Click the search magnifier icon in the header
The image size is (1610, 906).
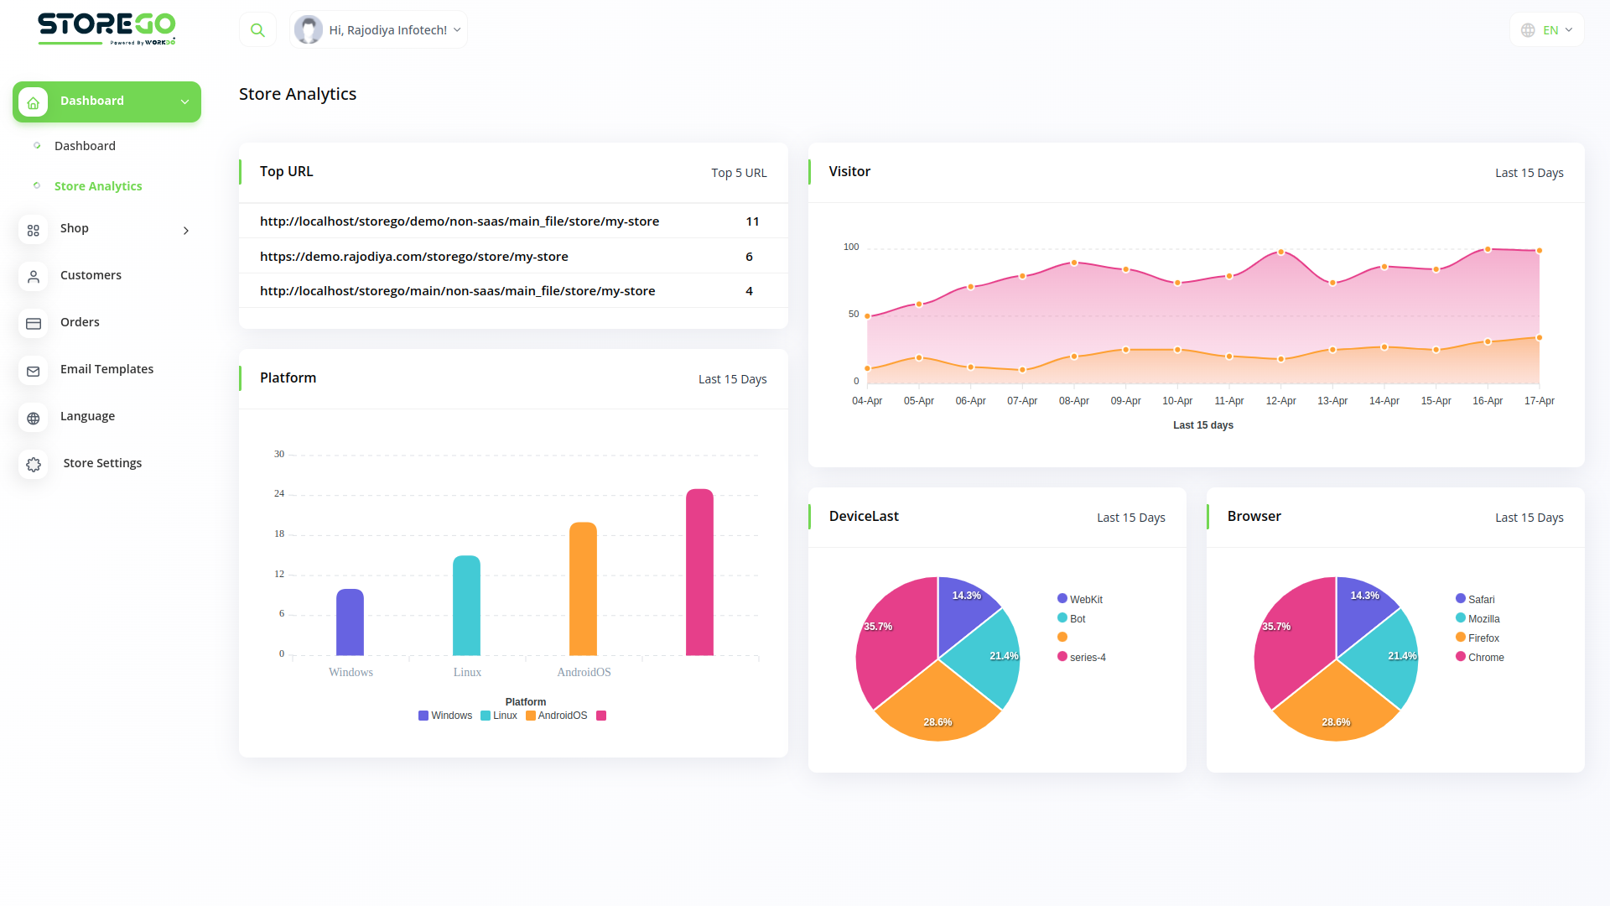(257, 30)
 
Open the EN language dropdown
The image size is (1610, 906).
(1547, 30)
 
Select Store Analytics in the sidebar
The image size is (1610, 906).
(98, 186)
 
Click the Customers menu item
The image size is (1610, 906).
(91, 275)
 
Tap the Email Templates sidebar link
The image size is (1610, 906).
(106, 369)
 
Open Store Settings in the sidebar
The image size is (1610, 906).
(102, 463)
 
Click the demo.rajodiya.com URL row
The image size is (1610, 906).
(414, 257)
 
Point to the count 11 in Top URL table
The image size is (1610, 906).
(752, 221)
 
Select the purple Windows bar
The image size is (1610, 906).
(350, 622)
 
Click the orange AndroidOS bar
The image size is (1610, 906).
(583, 589)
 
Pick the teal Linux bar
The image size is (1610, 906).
(466, 606)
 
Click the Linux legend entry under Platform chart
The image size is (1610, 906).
(499, 716)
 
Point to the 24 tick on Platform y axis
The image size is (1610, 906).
(279, 493)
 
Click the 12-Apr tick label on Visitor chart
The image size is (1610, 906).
(1280, 401)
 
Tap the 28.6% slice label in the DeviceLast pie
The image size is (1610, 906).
(937, 722)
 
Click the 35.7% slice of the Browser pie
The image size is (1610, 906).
(1292, 638)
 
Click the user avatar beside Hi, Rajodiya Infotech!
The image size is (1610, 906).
(309, 30)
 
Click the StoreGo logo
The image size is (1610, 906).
(106, 28)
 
